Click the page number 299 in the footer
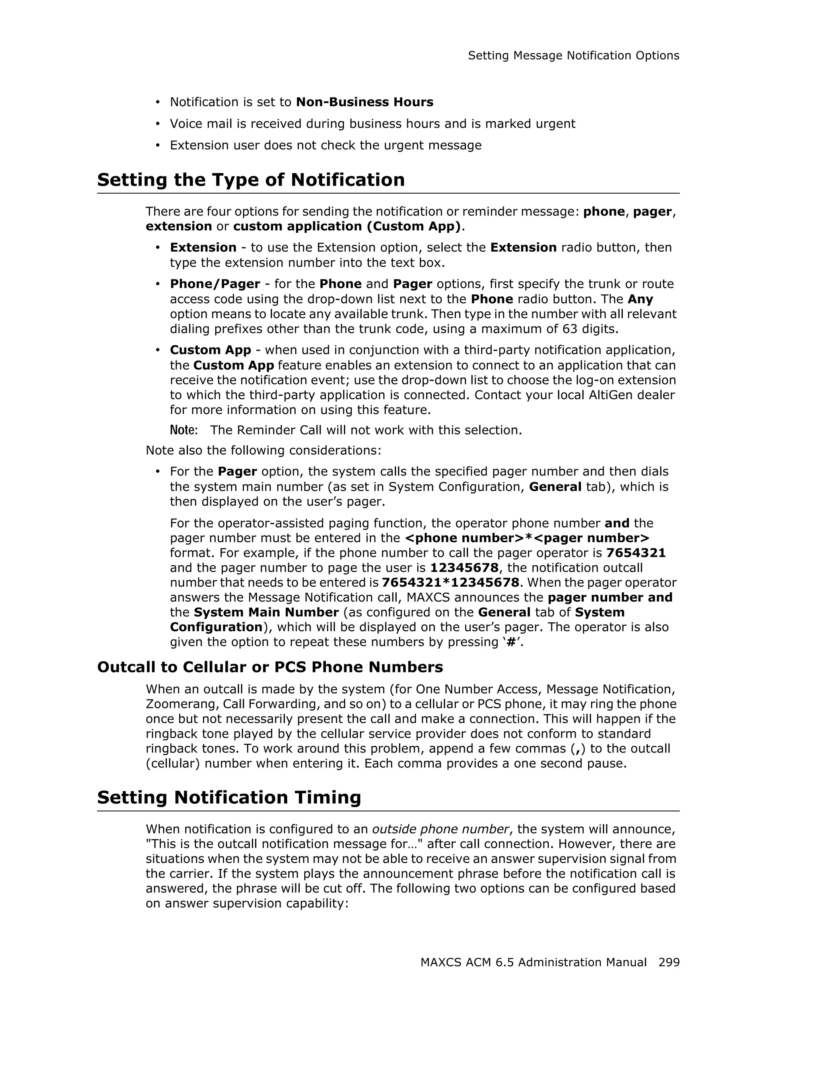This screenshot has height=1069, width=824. tap(668, 962)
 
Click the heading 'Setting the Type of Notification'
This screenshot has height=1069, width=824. tap(251, 180)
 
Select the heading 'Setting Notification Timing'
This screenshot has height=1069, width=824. tap(229, 797)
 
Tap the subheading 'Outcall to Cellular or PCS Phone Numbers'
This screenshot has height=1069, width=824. tap(270, 667)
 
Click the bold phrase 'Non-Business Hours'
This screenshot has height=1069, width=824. tap(364, 102)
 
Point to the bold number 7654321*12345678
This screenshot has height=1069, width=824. tap(450, 583)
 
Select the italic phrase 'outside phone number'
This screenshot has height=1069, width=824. tap(440, 829)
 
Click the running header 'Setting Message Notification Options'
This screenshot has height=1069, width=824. tap(573, 56)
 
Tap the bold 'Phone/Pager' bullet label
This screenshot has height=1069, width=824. tap(215, 284)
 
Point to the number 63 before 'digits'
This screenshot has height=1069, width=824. tap(570, 329)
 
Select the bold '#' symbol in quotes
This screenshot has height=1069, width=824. tap(511, 642)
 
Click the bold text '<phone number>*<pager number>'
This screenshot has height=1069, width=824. tap(527, 538)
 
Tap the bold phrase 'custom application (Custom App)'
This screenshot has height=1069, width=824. tap(347, 226)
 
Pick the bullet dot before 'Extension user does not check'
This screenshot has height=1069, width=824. tap(157, 145)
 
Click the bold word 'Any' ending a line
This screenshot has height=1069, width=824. tap(640, 299)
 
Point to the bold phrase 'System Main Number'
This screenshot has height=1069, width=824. tap(266, 612)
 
